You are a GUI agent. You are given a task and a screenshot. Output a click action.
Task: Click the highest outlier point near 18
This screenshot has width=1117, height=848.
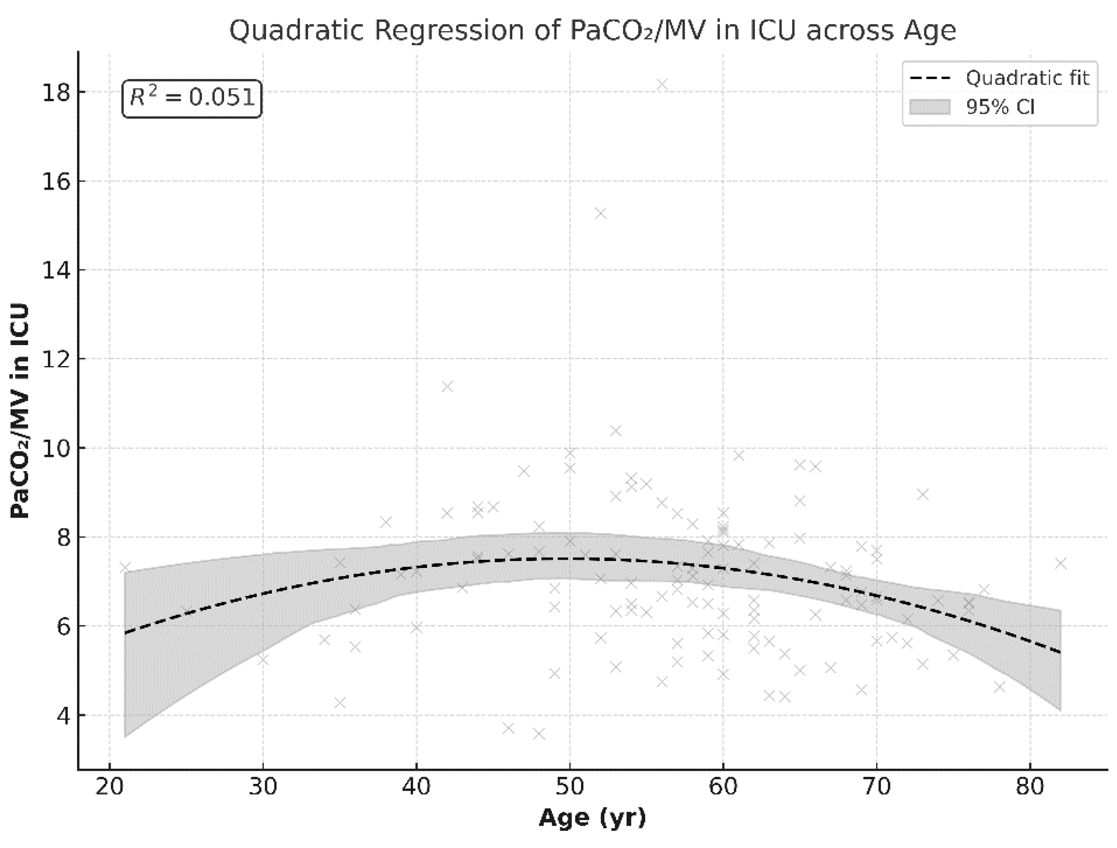[x=662, y=85]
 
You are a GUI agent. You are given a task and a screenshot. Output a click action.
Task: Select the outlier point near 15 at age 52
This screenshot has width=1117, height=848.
[x=600, y=214]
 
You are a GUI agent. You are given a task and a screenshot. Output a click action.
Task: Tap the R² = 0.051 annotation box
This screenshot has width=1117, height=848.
[x=192, y=98]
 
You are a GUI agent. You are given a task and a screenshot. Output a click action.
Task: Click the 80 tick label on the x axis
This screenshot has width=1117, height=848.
[x=1030, y=787]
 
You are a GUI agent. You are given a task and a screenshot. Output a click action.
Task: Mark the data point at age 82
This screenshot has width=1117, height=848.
[x=1061, y=564]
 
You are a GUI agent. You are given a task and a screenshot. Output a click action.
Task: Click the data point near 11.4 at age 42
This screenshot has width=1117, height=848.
[x=447, y=387]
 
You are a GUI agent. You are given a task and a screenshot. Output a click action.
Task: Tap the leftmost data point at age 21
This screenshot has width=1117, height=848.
[x=125, y=567]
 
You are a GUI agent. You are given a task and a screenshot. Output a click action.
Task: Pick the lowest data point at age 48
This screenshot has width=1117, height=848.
[x=539, y=734]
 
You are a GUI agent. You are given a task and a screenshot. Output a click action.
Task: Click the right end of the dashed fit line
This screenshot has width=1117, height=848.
[x=1061, y=652]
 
